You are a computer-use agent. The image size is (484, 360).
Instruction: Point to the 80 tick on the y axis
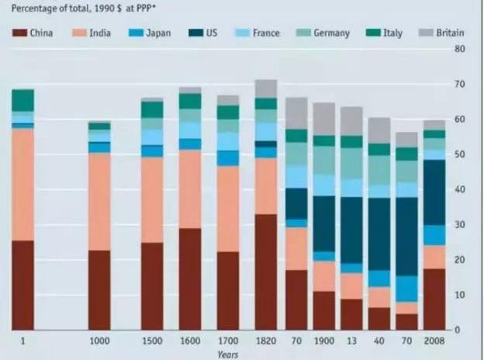[460, 48]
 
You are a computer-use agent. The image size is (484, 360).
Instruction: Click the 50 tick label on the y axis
[460, 154]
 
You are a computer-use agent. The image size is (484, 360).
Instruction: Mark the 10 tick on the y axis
[460, 295]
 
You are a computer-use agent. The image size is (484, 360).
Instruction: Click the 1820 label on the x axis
[265, 341]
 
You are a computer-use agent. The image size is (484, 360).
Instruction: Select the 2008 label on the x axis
[434, 341]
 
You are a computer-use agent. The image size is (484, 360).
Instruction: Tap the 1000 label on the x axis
[99, 341]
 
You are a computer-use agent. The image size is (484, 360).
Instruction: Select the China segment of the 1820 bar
[265, 272]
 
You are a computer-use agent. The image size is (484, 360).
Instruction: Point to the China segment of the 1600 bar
[190, 279]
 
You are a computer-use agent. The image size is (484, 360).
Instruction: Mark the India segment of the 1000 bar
[99, 202]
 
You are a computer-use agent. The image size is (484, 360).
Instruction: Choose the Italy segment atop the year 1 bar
[23, 100]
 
